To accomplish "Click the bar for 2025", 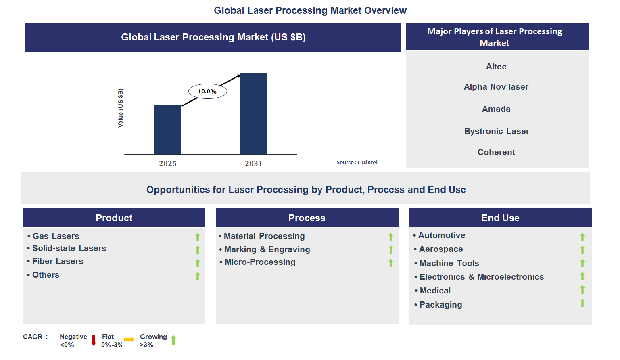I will pos(167,130).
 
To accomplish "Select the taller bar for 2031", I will pos(254,113).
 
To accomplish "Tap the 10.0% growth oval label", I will pos(207,91).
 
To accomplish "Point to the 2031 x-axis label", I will pos(253,163).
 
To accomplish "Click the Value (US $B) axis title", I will pos(120,108).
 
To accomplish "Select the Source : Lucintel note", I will pos(357,162).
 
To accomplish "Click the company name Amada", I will pos(496,109).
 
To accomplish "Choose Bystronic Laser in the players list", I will pos(497,131).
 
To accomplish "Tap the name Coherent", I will pos(496,152).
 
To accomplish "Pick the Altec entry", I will pos(496,67).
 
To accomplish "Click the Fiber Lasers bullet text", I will pos(58,261).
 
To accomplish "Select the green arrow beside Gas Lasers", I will pos(198,237).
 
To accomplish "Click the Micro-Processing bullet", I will pos(260,262).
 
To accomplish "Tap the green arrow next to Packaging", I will pos(582,303).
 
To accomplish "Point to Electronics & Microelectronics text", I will pos(482,277).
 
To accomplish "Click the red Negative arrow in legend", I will pos(94,340).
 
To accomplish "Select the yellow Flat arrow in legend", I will pos(129,339).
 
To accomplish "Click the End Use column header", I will pos(500,218).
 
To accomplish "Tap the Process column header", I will pos(307,218).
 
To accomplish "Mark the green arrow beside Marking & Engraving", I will pos(390,250).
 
